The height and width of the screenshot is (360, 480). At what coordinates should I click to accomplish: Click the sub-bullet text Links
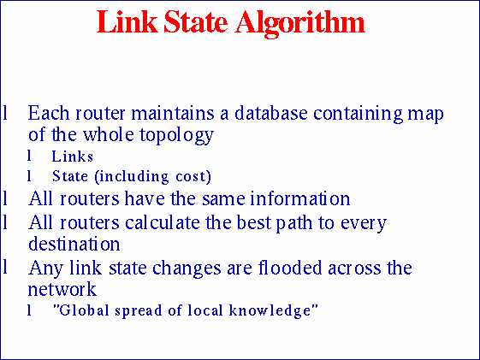tap(72, 156)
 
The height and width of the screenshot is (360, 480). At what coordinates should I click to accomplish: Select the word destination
tap(74, 245)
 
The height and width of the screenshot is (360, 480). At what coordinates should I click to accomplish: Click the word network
tap(62, 289)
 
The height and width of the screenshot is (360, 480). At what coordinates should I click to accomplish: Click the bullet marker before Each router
tap(5, 113)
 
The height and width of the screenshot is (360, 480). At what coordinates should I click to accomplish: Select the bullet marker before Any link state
tap(5, 268)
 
